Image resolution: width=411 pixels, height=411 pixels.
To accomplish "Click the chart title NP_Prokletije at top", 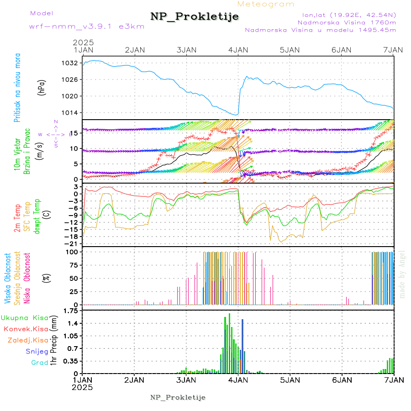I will pos(195,17).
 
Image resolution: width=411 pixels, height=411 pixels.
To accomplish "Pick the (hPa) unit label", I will pos(42,87).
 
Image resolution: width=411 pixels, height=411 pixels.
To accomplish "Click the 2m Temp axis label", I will pos(17,218).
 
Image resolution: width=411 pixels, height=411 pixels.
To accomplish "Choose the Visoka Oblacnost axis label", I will pos(8,279).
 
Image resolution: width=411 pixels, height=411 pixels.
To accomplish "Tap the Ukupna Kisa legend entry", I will pos(25,318).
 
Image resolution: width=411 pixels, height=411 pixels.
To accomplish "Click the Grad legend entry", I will pos(40,363).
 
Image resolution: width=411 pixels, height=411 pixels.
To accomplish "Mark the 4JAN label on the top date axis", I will pos(238,49).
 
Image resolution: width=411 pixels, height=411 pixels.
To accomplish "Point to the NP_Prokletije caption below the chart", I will pos(178,397).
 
